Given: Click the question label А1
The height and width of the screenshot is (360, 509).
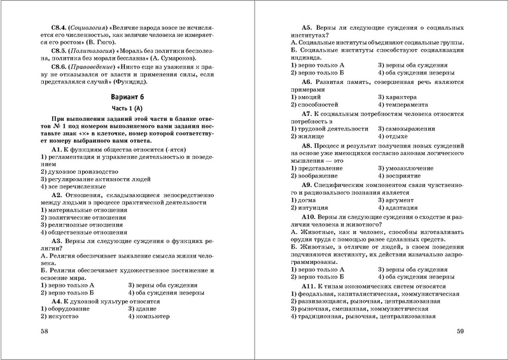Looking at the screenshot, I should pos(60,165).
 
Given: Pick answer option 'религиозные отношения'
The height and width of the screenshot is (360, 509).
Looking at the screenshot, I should pos(80,225).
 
